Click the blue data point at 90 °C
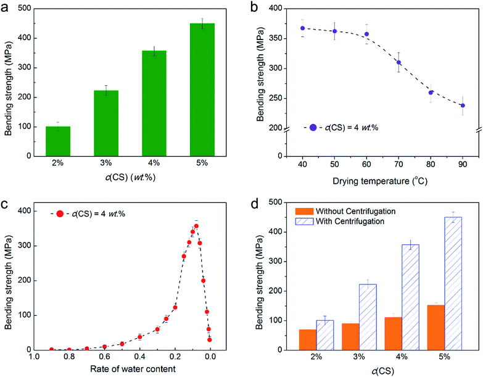462,106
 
